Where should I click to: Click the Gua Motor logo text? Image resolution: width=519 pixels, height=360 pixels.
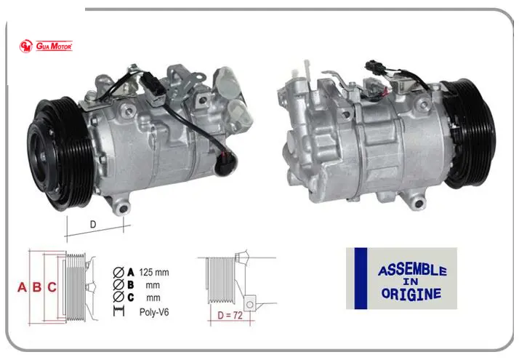click(x=54, y=46)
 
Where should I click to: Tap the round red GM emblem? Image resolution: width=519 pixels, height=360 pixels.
click(x=26, y=46)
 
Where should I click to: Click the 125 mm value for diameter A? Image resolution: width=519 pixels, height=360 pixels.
click(x=154, y=272)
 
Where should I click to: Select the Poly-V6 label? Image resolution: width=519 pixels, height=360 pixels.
click(x=154, y=312)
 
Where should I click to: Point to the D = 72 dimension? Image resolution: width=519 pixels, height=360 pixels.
click(x=230, y=316)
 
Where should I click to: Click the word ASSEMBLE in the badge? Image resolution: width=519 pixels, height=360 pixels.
click(x=412, y=271)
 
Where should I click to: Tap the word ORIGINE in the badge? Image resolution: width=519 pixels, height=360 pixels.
click(x=411, y=294)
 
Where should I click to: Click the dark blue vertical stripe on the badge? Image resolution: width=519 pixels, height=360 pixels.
click(x=361, y=279)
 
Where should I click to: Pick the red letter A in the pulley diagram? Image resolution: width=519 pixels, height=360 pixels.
click(x=22, y=287)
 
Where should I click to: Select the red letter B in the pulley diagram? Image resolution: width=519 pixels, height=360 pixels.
click(x=37, y=287)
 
